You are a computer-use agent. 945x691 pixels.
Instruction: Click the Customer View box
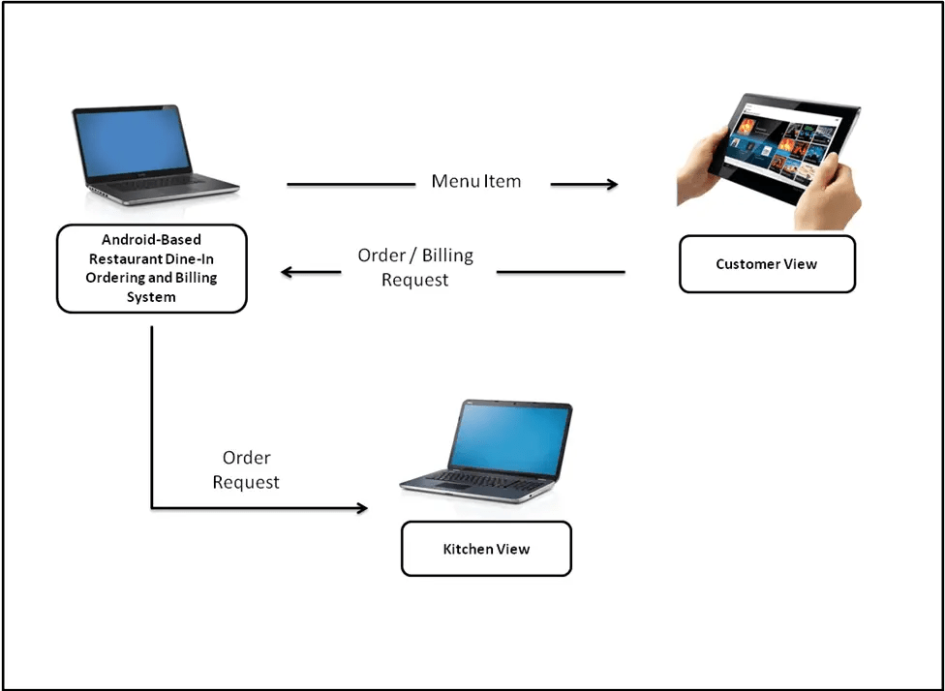(x=767, y=264)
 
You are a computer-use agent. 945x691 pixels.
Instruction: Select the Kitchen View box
(x=486, y=549)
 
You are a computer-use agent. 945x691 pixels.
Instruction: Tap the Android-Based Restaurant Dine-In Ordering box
(x=152, y=268)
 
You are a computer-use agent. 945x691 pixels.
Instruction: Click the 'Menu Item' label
(x=475, y=181)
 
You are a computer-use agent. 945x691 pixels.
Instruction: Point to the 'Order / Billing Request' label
(x=415, y=267)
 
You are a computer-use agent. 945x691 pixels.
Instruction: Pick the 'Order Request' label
(x=246, y=469)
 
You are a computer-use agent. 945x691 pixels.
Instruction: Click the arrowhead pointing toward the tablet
(x=611, y=184)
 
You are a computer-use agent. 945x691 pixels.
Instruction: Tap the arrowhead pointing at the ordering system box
(x=288, y=272)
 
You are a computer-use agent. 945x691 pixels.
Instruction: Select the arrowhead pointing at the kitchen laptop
(x=362, y=507)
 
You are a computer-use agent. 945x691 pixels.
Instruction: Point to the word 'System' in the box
(x=152, y=297)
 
